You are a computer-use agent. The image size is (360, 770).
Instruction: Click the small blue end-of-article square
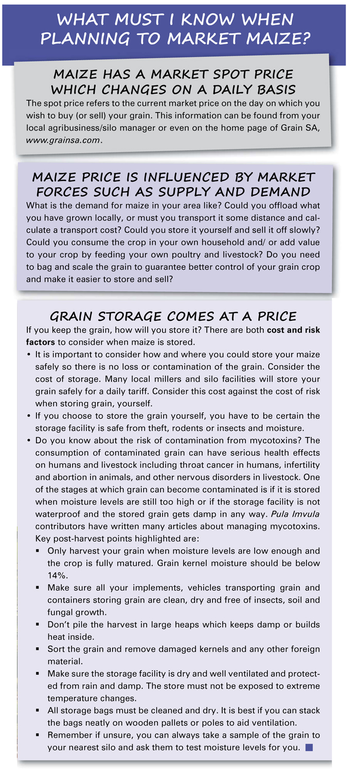click(309, 747)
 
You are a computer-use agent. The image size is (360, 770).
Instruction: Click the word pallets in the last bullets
click(195, 724)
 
